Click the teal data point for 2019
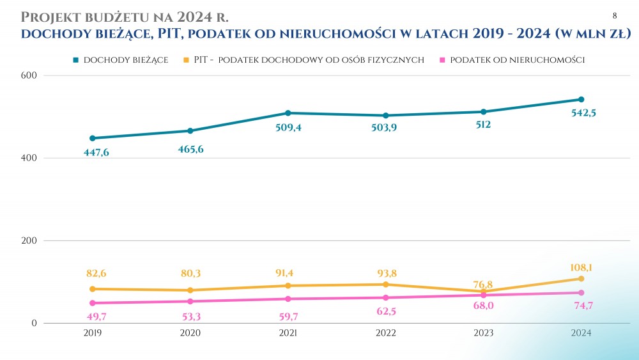coord(93,138)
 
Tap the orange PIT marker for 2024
coord(581,279)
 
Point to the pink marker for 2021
coord(288,299)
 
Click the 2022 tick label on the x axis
coord(385,333)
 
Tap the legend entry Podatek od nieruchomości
coord(518,59)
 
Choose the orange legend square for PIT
coord(186,59)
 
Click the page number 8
coord(615,15)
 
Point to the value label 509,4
coord(288,127)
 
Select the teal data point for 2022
coord(385,116)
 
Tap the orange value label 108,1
coord(581,267)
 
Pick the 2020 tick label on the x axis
coord(190,333)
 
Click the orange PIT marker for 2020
coord(190,290)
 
